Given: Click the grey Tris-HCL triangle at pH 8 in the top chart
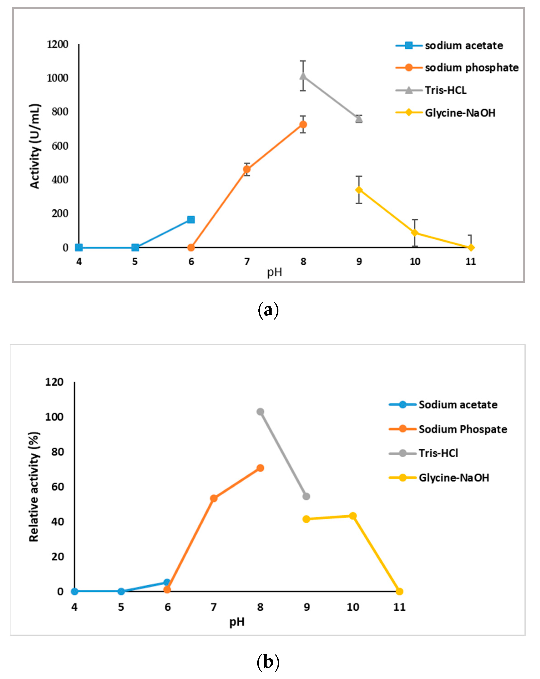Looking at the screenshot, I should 303,76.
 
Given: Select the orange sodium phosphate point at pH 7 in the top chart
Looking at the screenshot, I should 247,169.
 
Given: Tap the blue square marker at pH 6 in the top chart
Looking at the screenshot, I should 191,220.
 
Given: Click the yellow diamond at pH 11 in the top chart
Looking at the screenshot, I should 471,248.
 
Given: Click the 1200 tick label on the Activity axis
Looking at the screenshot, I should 58,44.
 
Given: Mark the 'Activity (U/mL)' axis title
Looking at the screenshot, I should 35,146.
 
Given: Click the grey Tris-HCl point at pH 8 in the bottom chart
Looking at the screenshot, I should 260,412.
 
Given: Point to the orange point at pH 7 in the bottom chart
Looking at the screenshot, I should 214,499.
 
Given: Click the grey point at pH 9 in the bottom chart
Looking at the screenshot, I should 306,496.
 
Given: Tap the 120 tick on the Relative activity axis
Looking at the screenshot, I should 54,382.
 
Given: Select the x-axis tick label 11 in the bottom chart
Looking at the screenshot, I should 399,607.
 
